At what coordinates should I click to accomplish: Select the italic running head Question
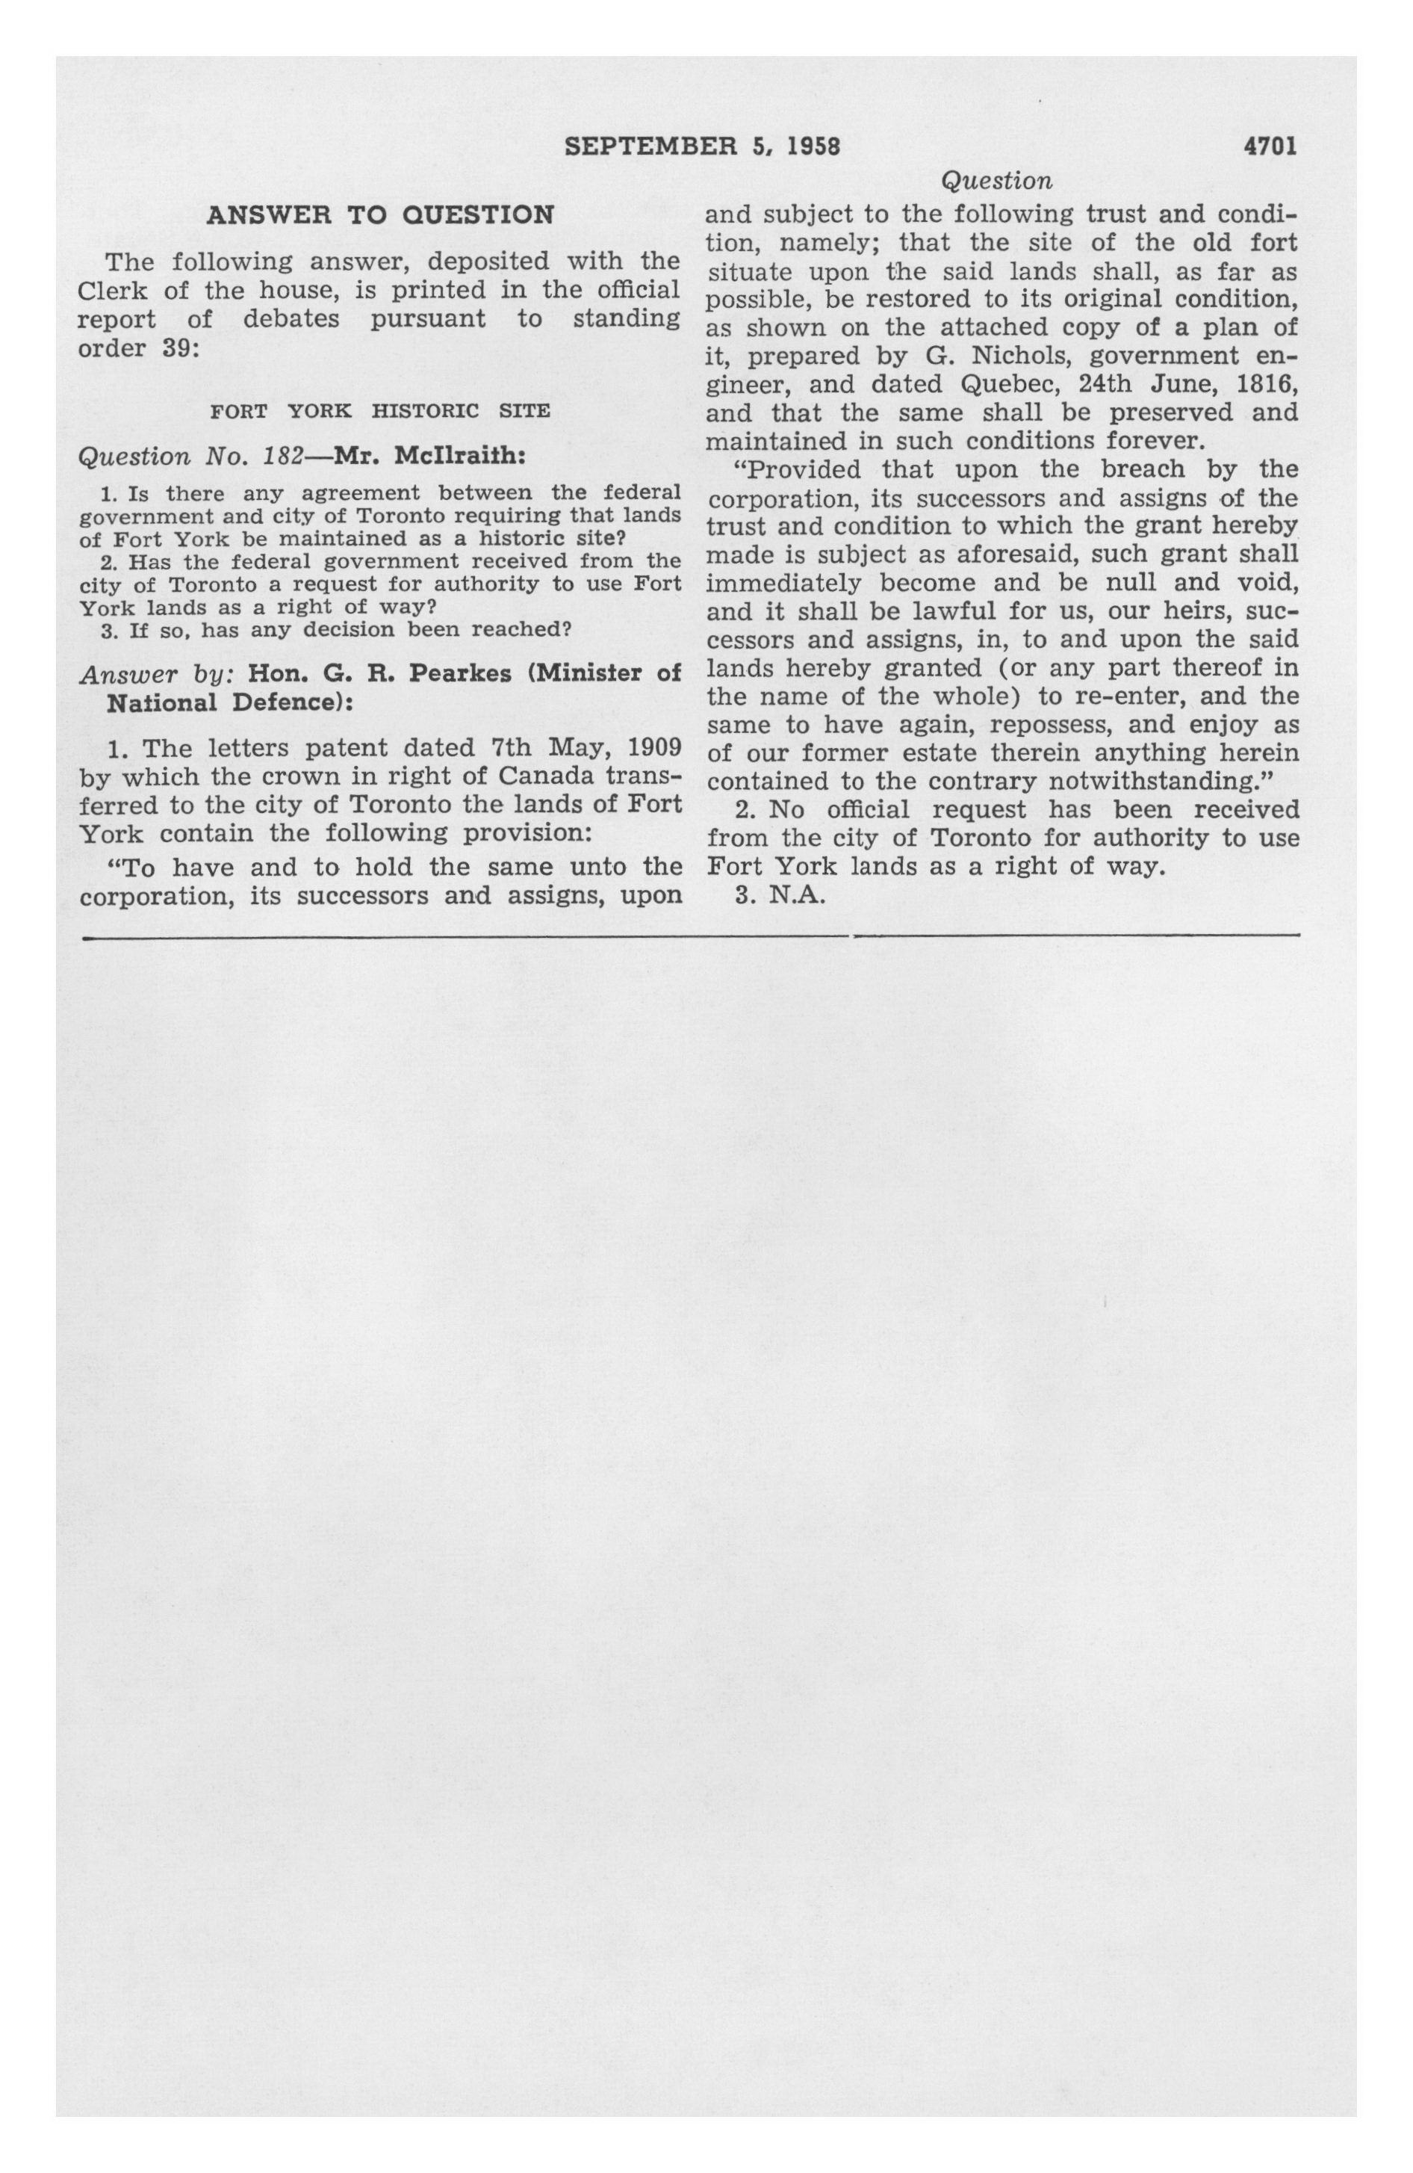tap(997, 181)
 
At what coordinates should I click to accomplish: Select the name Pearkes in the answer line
tap(460, 674)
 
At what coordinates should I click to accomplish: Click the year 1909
tap(653, 749)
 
